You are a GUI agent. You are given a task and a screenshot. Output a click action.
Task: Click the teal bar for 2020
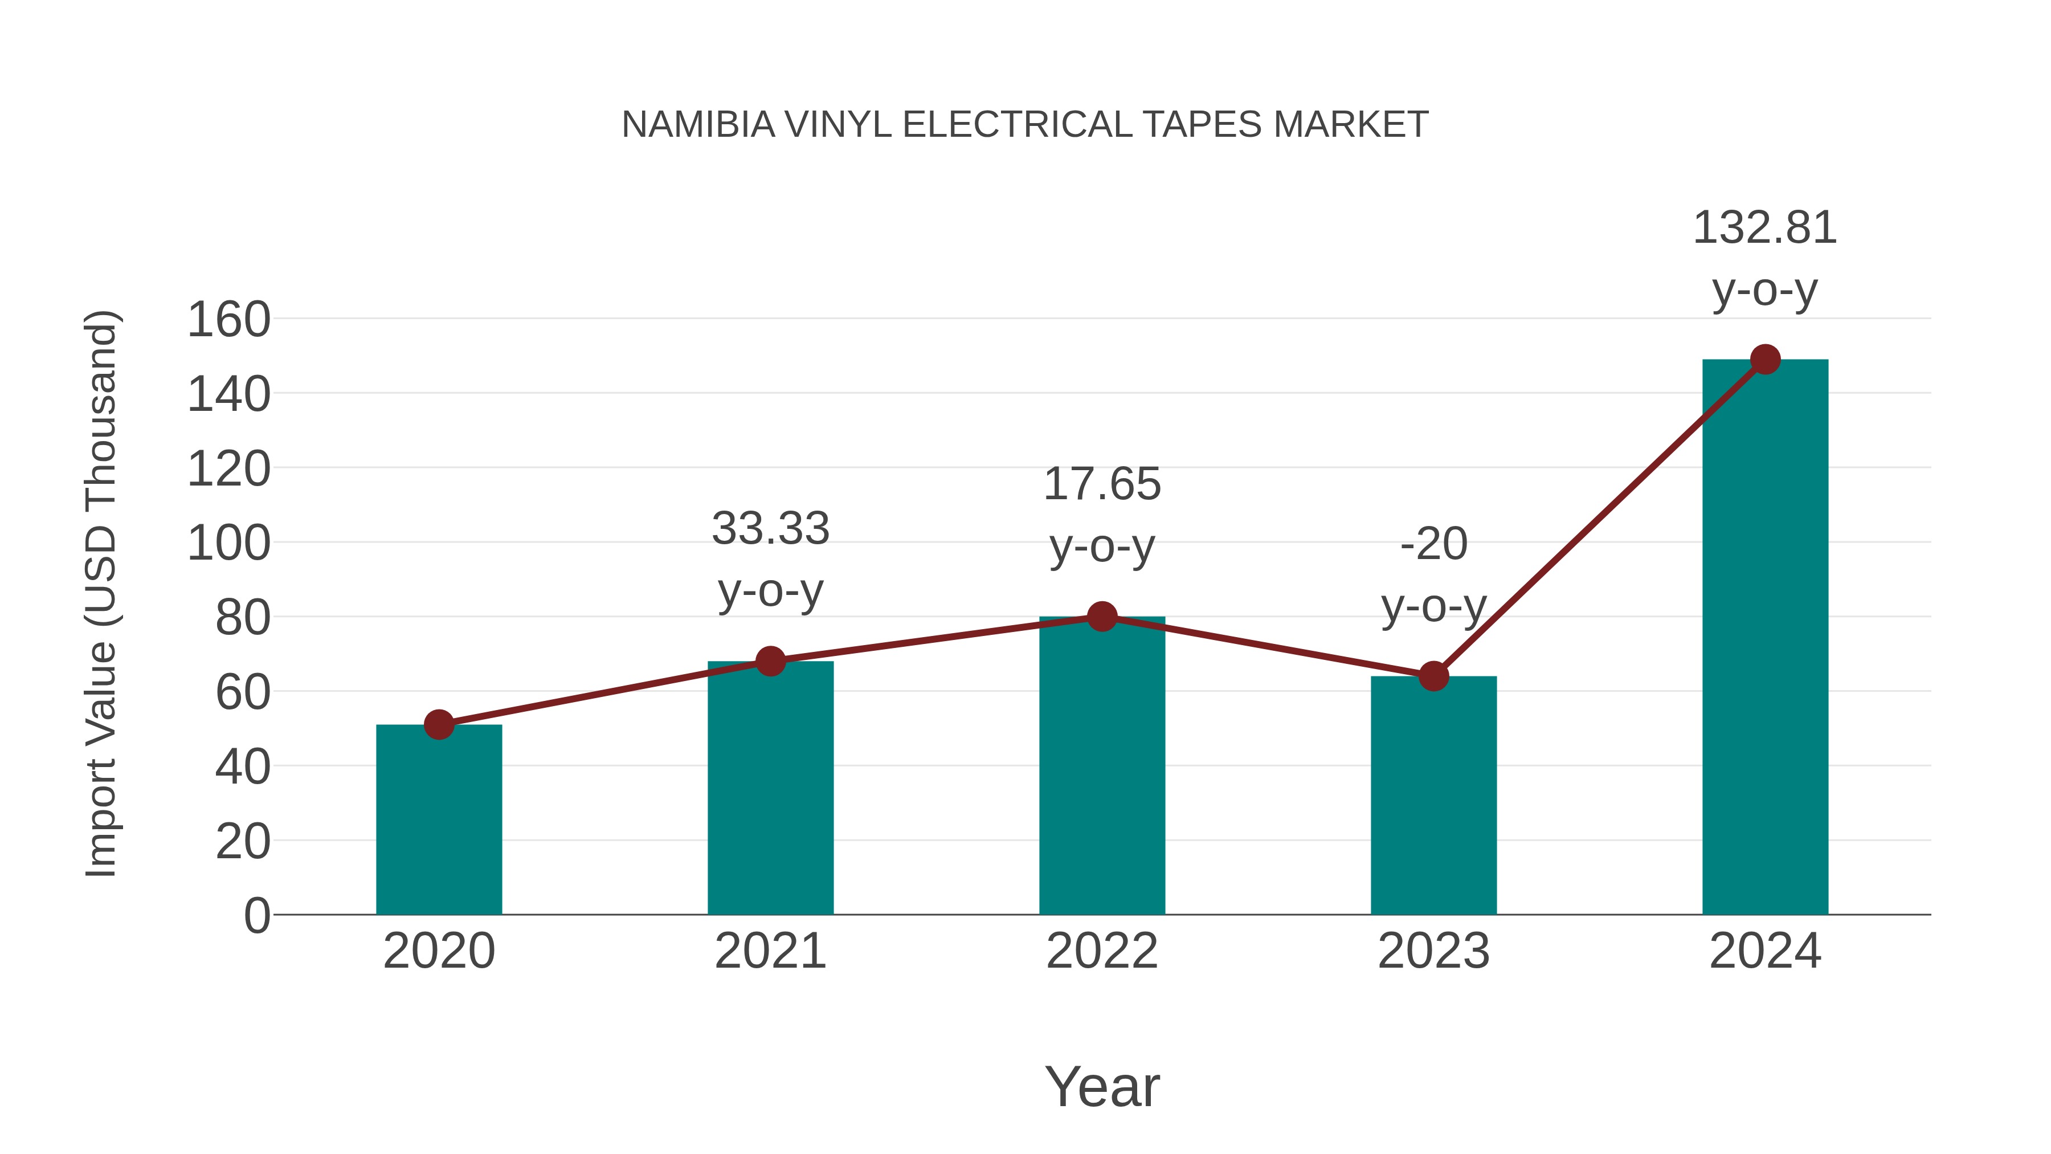pos(439,820)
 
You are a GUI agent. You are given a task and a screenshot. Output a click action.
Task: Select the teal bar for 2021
pos(770,789)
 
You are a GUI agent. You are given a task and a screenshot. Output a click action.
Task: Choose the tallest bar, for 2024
pos(1765,637)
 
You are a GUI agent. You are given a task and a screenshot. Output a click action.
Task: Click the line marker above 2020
pos(439,725)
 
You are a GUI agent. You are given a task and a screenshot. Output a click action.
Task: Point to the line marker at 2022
pos(1102,617)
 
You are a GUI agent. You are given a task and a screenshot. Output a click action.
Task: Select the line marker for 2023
pos(1433,676)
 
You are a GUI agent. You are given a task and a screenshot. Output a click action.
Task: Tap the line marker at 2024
pos(1765,359)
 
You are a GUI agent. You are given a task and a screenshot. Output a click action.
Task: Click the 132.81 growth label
pos(1764,229)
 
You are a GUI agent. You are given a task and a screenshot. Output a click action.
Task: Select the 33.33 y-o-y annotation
pos(770,529)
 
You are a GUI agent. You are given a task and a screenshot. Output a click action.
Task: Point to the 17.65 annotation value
pos(1102,484)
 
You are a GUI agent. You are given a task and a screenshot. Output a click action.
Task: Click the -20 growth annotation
pos(1433,545)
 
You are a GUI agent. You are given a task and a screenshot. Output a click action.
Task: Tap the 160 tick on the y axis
pos(228,320)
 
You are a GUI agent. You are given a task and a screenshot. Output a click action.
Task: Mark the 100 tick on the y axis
pos(228,544)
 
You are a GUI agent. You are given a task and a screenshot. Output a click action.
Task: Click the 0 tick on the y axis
pos(256,916)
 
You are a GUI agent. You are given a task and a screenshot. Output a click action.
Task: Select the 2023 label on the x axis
pos(1433,951)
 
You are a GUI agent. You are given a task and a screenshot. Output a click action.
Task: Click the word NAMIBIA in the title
pos(697,125)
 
